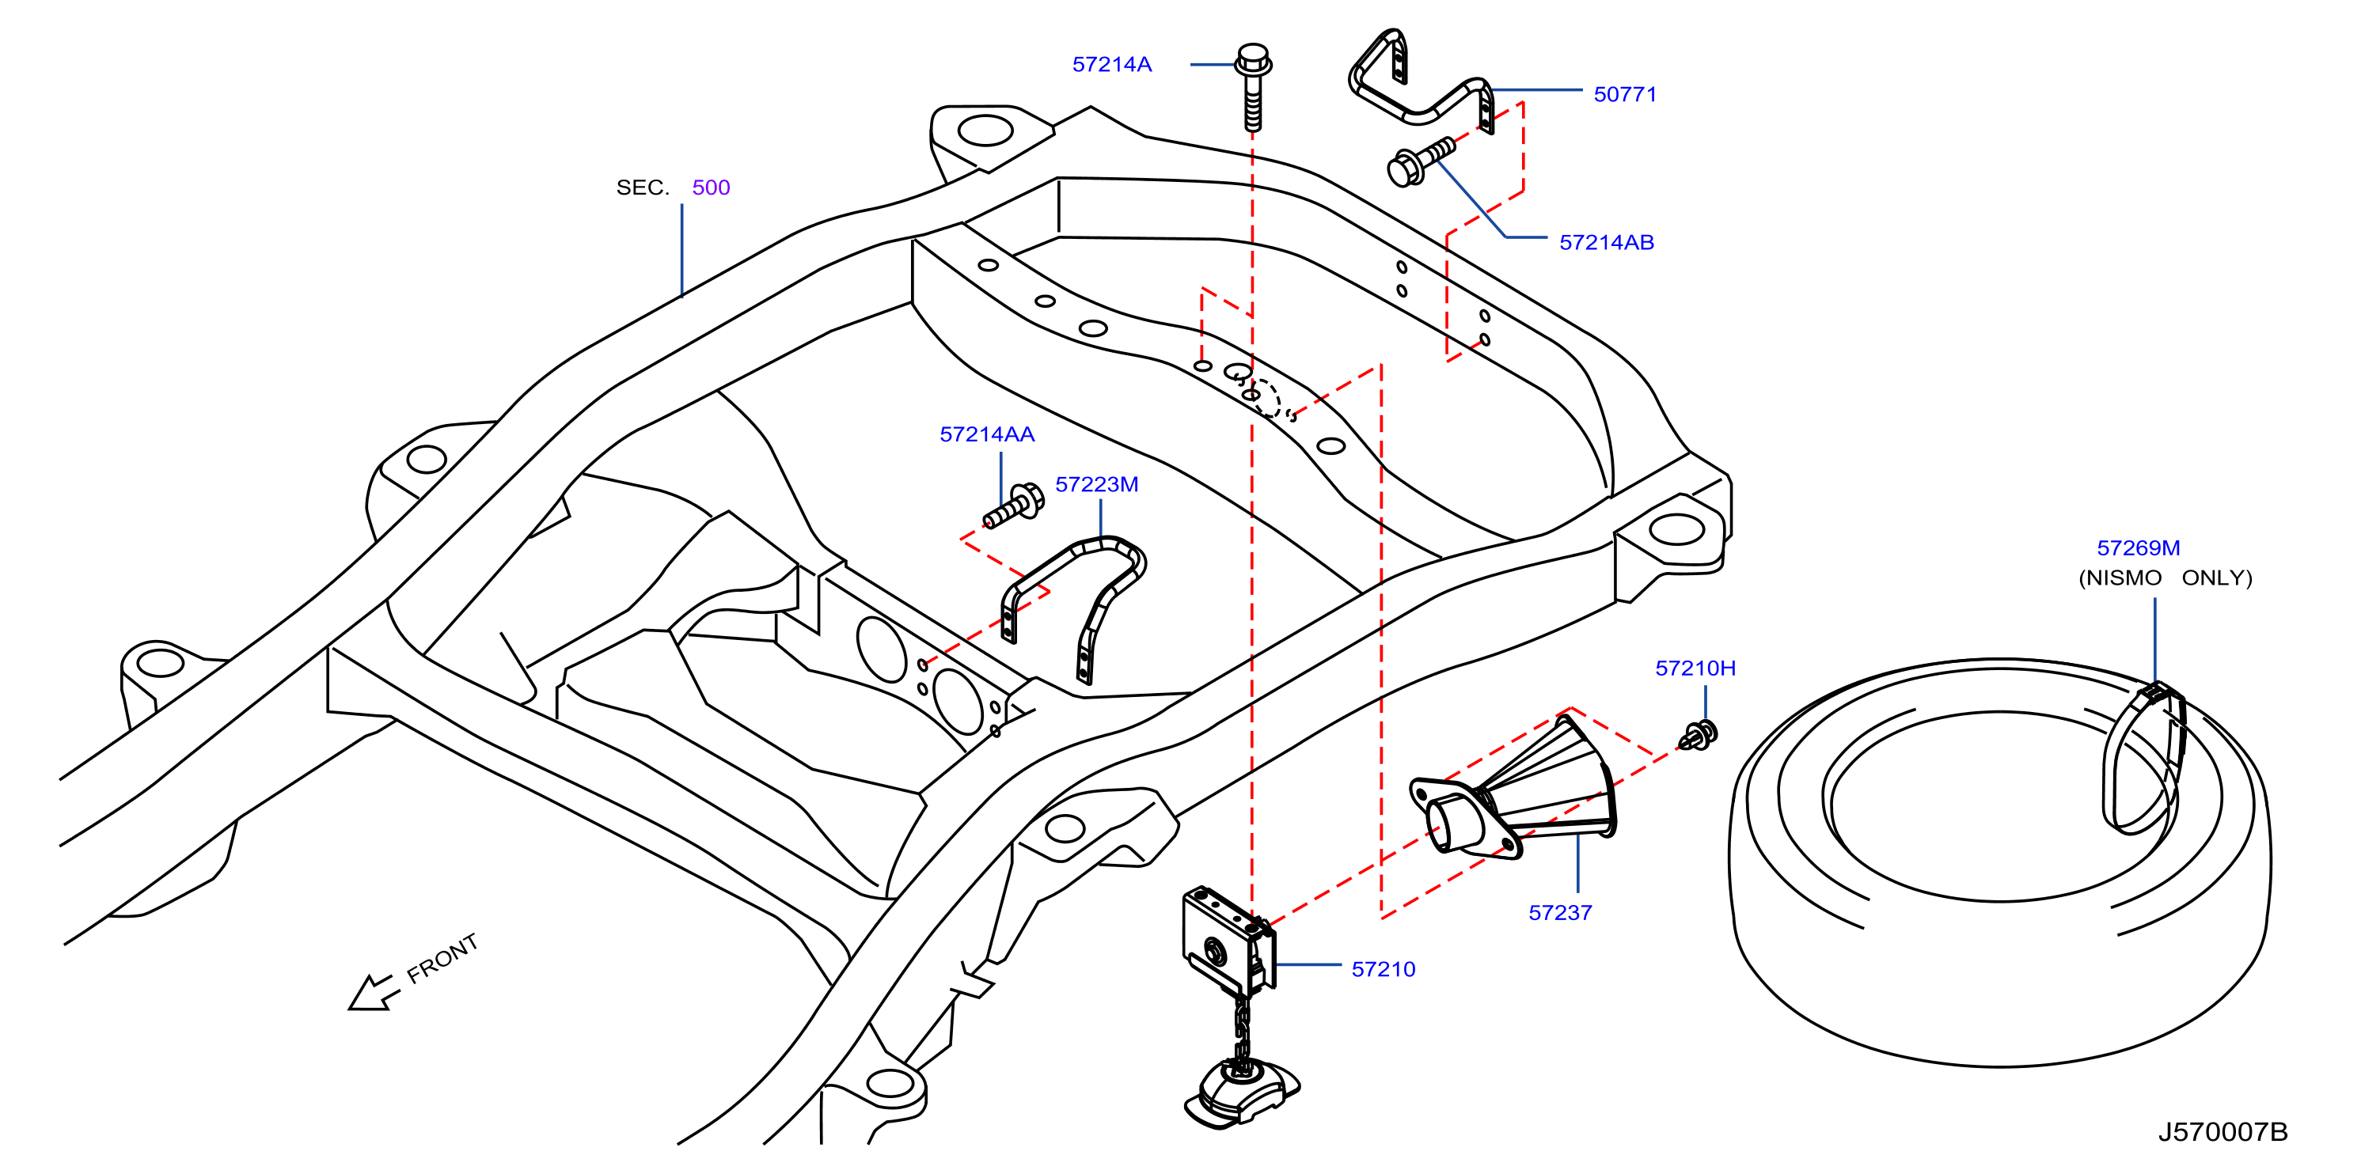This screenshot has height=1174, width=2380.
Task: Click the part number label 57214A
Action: (1111, 65)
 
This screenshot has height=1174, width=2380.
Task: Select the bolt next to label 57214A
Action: (1253, 87)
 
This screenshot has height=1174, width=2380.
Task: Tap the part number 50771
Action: (1625, 94)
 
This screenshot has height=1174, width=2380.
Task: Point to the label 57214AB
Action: (1607, 242)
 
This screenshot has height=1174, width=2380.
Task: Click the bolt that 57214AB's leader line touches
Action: (1420, 161)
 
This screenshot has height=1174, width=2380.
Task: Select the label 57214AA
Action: (987, 434)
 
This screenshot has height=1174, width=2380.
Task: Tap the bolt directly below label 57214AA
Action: (1014, 506)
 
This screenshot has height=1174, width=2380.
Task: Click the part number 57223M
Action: (1097, 484)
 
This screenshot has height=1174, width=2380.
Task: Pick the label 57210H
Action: (1695, 668)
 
